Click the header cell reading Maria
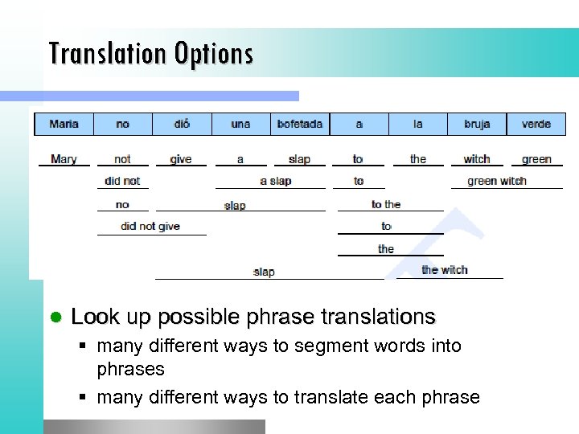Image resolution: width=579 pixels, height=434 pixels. tap(64, 124)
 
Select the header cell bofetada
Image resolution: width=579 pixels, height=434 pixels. tap(299, 124)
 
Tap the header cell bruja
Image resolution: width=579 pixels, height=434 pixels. tap(477, 124)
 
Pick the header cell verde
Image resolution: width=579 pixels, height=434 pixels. tap(536, 124)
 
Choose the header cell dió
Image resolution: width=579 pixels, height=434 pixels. tap(182, 124)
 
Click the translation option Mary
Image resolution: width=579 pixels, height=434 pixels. tap(64, 159)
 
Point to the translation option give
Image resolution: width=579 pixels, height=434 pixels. tap(181, 159)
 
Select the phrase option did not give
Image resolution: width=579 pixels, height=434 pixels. tap(150, 227)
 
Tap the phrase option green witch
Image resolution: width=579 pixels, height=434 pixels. tap(497, 181)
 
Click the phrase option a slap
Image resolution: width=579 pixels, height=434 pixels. tap(275, 181)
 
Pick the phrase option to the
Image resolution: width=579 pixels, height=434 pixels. tap(386, 204)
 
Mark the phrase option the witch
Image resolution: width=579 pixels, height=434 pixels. tap(445, 270)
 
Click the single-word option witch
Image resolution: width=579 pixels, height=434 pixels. tap(477, 159)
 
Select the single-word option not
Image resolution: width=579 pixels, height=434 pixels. tap(122, 159)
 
